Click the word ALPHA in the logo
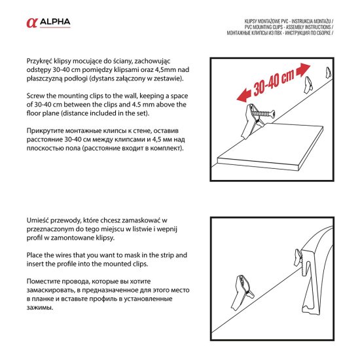[x=56, y=23]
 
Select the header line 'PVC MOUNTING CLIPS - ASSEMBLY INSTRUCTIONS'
[x=286, y=27]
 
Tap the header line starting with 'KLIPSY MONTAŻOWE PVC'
[x=287, y=22]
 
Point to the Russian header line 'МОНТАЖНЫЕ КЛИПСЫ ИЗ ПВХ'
[x=286, y=32]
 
